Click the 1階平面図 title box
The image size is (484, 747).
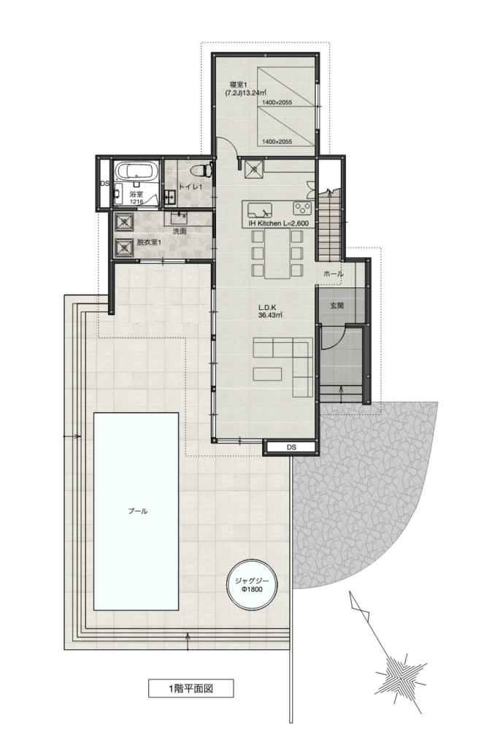(x=191, y=689)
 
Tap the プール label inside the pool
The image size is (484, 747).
(x=137, y=511)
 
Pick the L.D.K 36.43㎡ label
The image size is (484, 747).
(x=268, y=311)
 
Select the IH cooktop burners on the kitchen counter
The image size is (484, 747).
(x=302, y=208)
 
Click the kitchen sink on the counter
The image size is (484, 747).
(x=260, y=210)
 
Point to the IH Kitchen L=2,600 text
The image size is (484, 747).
(x=278, y=223)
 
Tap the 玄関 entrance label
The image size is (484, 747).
(x=337, y=306)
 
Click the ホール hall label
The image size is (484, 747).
(x=334, y=274)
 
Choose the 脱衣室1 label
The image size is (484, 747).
(x=149, y=242)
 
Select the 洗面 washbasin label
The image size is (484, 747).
(x=180, y=231)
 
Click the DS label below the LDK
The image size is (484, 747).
(x=291, y=447)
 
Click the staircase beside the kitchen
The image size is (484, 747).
(x=330, y=225)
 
